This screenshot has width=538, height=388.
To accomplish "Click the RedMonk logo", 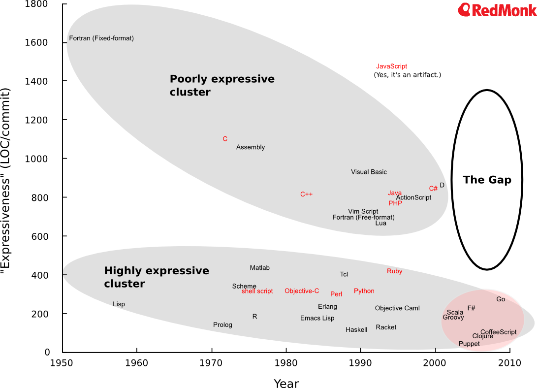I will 497,10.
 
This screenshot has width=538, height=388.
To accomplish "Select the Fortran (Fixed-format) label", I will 101,38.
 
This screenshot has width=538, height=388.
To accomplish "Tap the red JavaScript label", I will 391,66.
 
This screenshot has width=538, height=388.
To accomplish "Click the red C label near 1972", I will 225,139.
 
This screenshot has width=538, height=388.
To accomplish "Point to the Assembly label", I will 251,147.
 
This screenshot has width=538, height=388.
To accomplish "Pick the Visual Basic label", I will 369,172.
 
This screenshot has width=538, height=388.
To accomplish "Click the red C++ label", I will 306,194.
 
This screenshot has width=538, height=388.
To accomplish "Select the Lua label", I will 380,223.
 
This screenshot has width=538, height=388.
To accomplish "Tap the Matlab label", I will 259,268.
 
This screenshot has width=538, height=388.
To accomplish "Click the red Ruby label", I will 394,271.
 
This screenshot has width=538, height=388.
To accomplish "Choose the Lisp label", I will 119,304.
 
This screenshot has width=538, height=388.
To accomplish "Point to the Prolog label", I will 222,325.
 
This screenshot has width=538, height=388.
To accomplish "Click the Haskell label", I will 356,330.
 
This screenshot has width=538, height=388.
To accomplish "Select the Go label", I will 501,299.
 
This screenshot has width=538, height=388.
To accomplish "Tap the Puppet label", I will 469,344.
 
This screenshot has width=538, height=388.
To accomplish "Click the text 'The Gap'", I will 487,180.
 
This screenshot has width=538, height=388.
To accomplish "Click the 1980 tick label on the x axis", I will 286,363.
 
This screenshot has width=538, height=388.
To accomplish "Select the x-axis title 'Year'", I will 286,384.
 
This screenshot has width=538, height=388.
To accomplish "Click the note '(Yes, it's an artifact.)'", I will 408,75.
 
